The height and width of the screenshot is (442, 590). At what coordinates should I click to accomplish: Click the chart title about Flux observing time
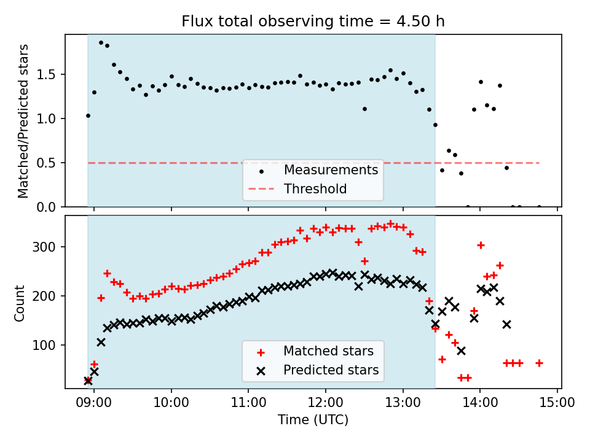tap(313, 21)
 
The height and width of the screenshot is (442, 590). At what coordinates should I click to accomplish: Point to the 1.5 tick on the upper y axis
tap(50, 74)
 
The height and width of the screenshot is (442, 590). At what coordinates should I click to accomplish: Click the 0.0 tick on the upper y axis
tap(50, 207)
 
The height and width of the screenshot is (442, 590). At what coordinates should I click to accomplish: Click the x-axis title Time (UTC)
tap(313, 420)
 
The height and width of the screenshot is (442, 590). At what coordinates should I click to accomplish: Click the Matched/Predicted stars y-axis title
tap(23, 121)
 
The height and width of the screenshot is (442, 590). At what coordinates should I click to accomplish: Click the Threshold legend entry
tap(315, 188)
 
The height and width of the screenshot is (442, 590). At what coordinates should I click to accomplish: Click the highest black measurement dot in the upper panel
tap(101, 42)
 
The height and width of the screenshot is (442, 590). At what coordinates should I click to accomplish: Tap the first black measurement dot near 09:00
tap(88, 115)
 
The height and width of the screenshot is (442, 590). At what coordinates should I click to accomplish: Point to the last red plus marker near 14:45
tap(539, 363)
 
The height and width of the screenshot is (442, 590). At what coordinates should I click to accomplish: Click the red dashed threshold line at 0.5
tap(184, 163)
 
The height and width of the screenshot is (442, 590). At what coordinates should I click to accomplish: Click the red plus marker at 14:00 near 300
tap(481, 245)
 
